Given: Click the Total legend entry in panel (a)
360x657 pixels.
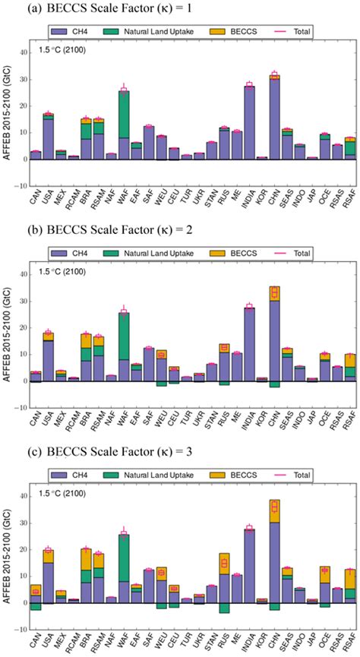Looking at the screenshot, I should [x=290, y=31].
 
